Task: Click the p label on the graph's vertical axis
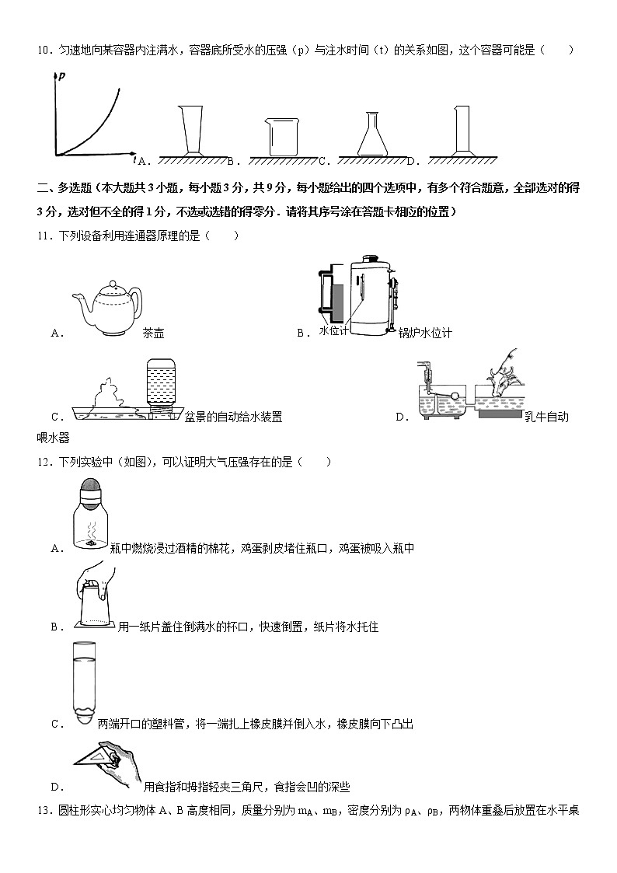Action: (x=61, y=76)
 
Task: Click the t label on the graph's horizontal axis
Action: (x=134, y=159)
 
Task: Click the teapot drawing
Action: (x=106, y=307)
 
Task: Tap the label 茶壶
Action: (x=154, y=333)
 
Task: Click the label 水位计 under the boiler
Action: (x=333, y=332)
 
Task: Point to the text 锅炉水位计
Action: (x=424, y=333)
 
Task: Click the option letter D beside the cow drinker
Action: (x=402, y=417)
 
